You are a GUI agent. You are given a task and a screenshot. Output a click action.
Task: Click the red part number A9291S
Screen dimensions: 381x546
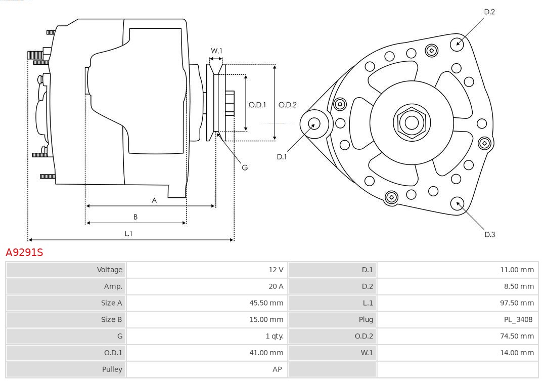click(24, 252)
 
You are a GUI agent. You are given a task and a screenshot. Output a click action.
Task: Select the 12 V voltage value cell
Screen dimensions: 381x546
click(276, 270)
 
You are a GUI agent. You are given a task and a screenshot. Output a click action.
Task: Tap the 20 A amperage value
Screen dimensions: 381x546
click(276, 286)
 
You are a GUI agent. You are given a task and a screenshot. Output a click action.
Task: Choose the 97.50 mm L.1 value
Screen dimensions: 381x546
click(517, 303)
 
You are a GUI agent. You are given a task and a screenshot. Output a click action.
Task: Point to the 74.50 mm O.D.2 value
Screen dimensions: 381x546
click(517, 336)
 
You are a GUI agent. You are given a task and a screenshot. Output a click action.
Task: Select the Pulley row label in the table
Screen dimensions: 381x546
click(112, 369)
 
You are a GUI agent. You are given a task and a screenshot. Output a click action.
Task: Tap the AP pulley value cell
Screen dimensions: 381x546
click(277, 369)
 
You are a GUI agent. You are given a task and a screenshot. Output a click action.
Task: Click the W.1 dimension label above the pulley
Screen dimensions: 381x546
click(216, 51)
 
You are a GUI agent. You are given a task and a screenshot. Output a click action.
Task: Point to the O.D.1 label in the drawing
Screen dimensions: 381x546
click(257, 105)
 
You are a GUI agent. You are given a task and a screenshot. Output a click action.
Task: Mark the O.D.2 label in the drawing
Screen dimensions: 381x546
click(288, 105)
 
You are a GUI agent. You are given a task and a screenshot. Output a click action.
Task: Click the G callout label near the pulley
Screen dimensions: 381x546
click(245, 167)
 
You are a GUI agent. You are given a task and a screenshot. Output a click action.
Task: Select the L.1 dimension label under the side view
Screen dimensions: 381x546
click(128, 233)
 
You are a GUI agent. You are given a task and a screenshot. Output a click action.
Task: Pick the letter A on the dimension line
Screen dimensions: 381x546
click(154, 200)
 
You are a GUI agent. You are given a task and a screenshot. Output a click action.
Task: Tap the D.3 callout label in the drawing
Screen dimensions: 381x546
click(489, 234)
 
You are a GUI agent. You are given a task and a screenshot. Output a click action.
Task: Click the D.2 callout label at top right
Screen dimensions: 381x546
click(489, 12)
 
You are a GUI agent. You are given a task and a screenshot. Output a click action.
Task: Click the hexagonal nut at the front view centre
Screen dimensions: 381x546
click(412, 122)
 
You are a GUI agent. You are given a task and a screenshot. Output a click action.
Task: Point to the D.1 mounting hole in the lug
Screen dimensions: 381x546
click(314, 123)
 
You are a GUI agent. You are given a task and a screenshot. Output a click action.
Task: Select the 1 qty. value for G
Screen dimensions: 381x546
click(275, 336)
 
